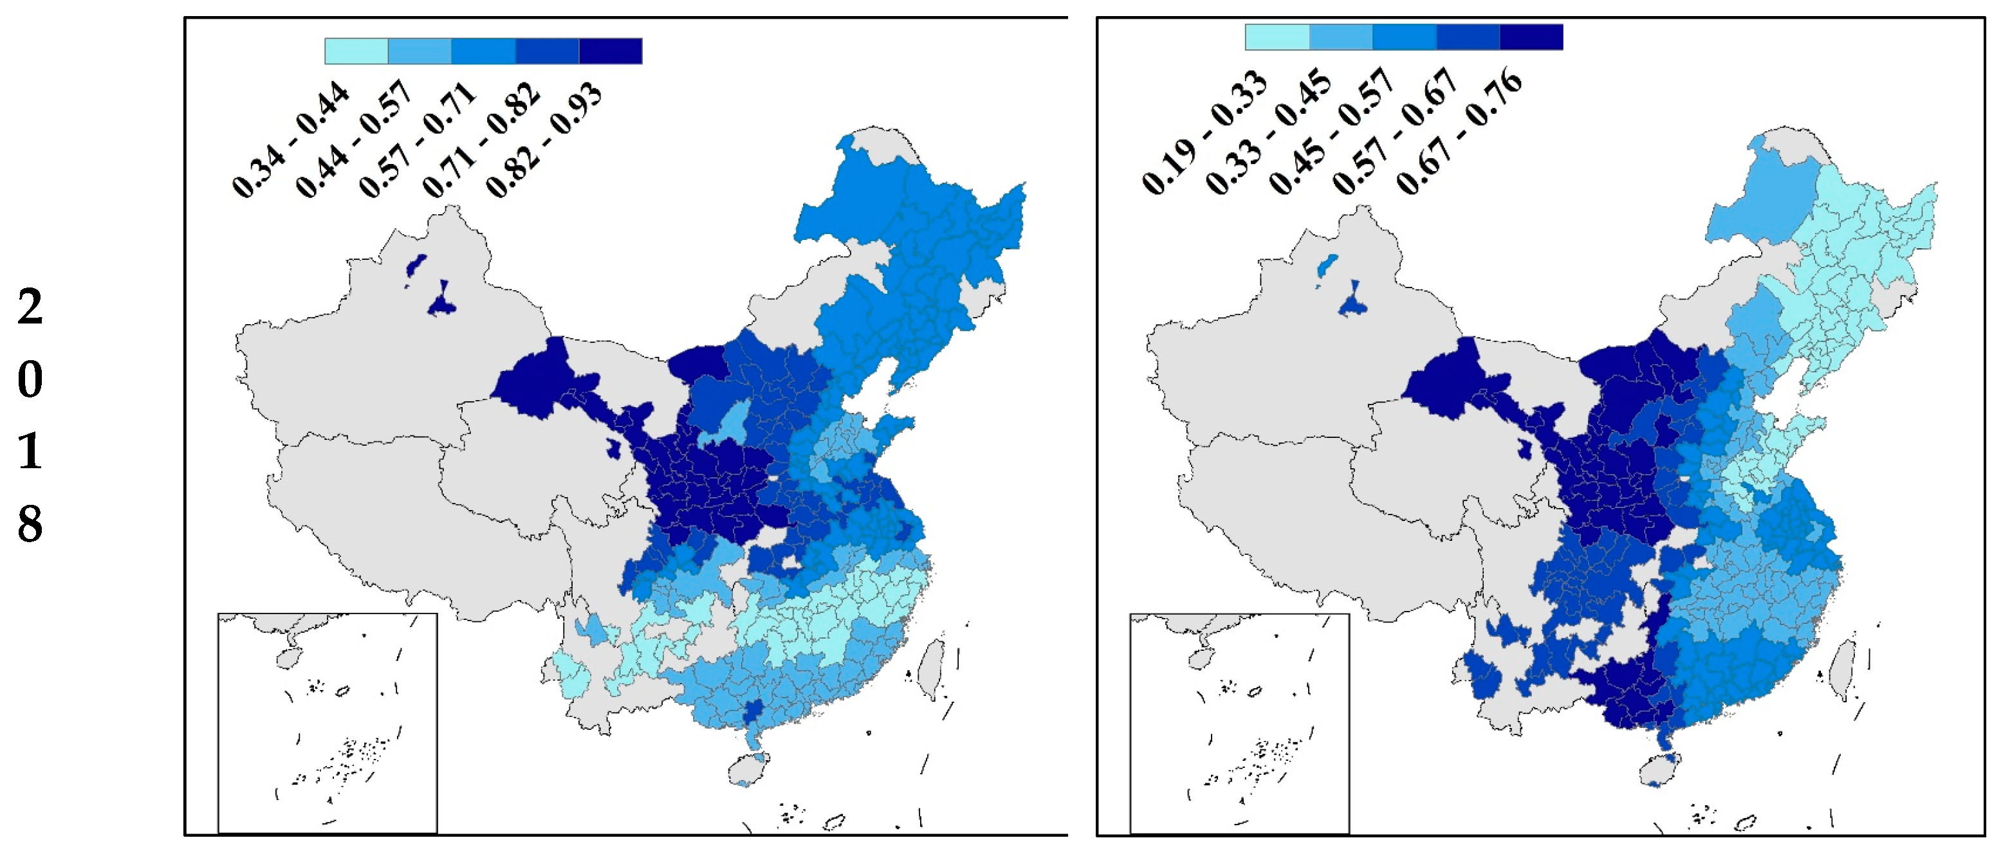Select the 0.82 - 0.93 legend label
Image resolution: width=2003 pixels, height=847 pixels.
point(544,140)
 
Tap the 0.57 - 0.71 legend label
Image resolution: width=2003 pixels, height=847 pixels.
point(418,140)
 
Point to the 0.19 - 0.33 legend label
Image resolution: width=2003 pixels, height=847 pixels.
point(1205,132)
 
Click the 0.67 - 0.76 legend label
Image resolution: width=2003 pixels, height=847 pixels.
point(1459,132)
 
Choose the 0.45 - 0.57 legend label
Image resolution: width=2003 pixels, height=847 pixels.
point(1331,132)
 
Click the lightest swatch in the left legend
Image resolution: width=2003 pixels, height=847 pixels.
point(356,51)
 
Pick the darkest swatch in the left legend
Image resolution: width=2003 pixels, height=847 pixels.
point(611,51)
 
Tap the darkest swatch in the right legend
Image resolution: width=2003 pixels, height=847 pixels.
point(1531,37)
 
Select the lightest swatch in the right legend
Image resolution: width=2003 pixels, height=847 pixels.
point(1277,37)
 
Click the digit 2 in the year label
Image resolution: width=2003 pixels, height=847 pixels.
point(30,307)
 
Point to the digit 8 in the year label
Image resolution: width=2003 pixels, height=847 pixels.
point(30,523)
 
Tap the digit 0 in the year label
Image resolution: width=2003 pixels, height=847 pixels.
point(30,379)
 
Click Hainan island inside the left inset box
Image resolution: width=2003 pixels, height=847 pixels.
point(287,657)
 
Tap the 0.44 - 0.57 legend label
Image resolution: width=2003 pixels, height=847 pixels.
point(355,140)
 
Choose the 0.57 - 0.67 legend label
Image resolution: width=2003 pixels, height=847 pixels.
point(1395,132)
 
